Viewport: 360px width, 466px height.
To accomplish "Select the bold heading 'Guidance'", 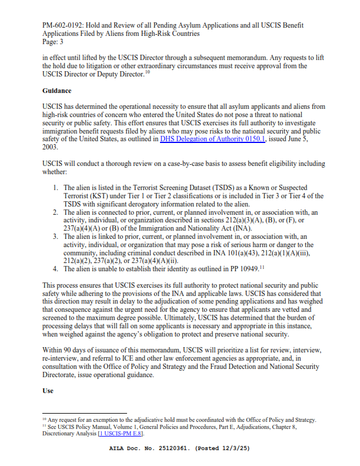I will pos(56,91).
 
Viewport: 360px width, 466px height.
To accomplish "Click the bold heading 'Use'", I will pos(48,391).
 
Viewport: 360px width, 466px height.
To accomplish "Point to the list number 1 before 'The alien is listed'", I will pos(55,188).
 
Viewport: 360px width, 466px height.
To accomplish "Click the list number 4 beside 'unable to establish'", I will pos(55,269).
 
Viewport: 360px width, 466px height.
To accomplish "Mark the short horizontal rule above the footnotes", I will pos(76,413).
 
